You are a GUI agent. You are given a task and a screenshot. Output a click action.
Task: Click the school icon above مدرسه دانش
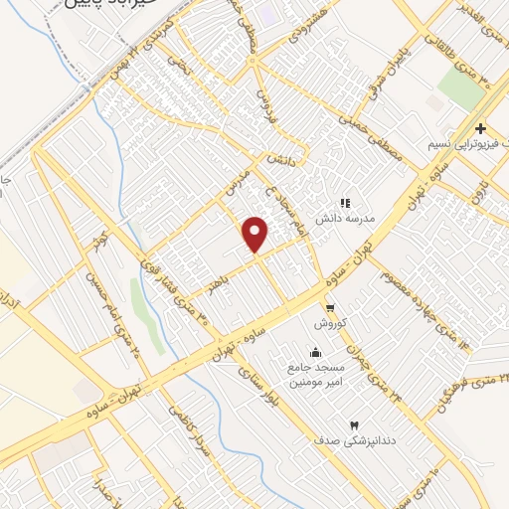tap(345, 202)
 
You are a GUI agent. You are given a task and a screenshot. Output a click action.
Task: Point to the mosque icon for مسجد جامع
tap(316, 351)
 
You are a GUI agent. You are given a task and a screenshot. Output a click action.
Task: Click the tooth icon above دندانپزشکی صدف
tap(355, 424)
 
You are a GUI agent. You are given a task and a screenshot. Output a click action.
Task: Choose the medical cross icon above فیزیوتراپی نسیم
tap(480, 128)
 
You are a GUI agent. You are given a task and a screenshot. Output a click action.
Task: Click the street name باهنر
tap(219, 280)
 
